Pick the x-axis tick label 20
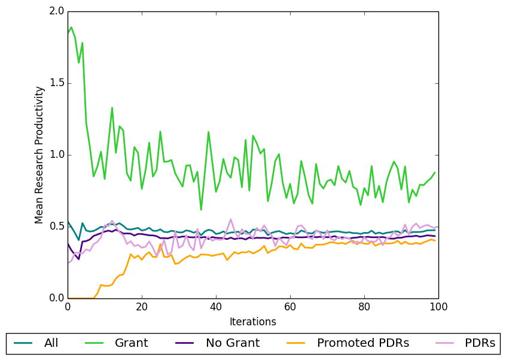pos(142,307)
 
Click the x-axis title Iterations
pos(253,322)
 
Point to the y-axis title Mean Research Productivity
pos(39,155)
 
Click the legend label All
pos(52,343)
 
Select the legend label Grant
pos(132,343)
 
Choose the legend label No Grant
pos(233,343)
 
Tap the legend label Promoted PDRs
pos(363,343)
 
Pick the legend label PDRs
pos(481,343)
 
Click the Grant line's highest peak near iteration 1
pos(71,27)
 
